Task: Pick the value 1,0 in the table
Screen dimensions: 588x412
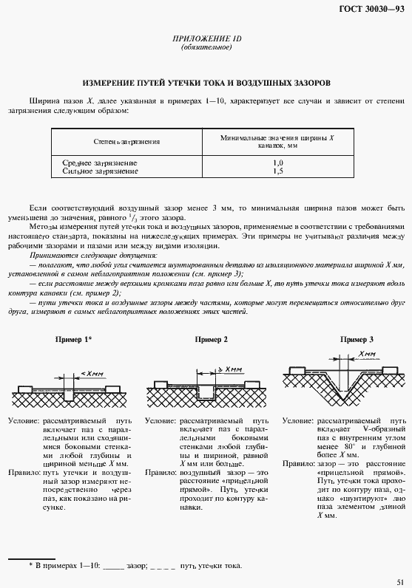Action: pos(277,162)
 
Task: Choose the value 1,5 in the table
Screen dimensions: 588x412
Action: pos(277,171)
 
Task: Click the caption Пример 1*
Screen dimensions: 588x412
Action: pos(73,339)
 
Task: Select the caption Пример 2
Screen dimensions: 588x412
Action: pos(211,339)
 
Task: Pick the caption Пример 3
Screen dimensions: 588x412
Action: pos(356,339)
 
